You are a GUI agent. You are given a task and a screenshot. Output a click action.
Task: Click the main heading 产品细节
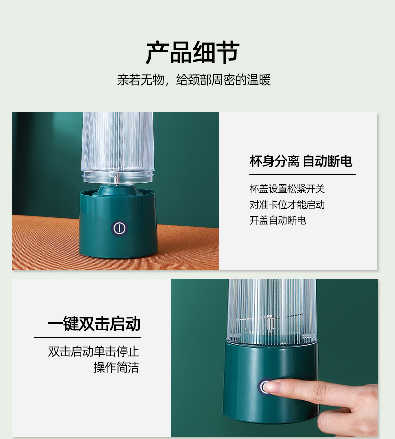pos(193,53)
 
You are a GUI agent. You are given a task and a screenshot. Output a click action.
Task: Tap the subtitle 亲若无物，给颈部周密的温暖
pos(194,80)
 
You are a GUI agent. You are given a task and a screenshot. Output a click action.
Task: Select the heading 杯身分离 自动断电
pos(301,161)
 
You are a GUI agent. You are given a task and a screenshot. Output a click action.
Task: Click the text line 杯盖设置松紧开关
pos(287,189)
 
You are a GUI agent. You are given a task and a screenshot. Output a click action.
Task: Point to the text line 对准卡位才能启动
pos(287,204)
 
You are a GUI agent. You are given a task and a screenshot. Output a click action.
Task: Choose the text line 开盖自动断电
pos(278,220)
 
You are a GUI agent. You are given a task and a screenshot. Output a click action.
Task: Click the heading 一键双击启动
pos(94,324)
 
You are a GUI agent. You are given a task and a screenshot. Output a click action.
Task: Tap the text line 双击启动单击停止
pos(93,351)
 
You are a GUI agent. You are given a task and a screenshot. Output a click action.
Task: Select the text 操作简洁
pos(116,368)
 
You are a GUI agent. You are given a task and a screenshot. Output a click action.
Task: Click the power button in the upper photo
pos(118,228)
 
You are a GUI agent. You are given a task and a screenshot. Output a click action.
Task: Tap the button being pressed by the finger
pos(264,386)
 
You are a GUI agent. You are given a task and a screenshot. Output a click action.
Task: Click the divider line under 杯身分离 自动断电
pos(302,174)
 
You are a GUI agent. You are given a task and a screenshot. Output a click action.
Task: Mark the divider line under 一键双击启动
pos(87,337)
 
